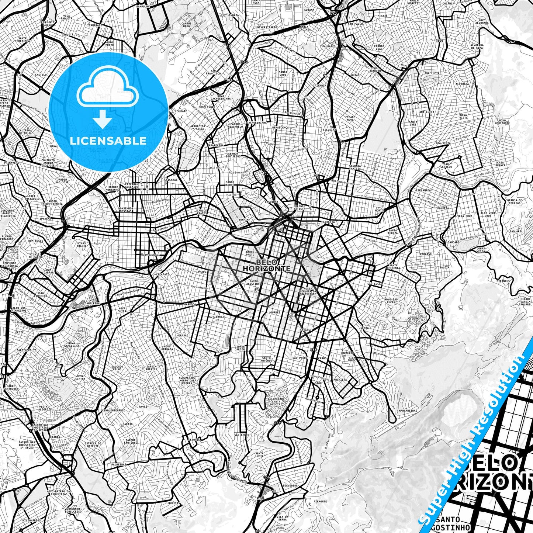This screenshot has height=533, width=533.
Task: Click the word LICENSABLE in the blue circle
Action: (x=108, y=141)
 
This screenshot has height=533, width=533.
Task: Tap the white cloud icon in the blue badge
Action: (x=108, y=90)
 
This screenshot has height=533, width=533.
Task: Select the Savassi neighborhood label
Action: (x=306, y=329)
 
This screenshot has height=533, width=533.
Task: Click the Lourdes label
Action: (x=274, y=312)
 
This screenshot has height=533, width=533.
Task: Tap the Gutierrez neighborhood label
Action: (x=217, y=316)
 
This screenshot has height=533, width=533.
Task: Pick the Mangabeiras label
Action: (x=408, y=411)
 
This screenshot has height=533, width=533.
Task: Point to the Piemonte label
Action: (x=320, y=501)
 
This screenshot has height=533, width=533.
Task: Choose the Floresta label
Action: (x=328, y=222)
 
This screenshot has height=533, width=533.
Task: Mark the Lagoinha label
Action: (x=271, y=202)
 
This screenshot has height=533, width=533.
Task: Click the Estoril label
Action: (x=194, y=440)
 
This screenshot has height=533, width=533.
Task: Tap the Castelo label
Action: (x=41, y=75)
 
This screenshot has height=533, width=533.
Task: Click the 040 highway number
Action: (x=10, y=296)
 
